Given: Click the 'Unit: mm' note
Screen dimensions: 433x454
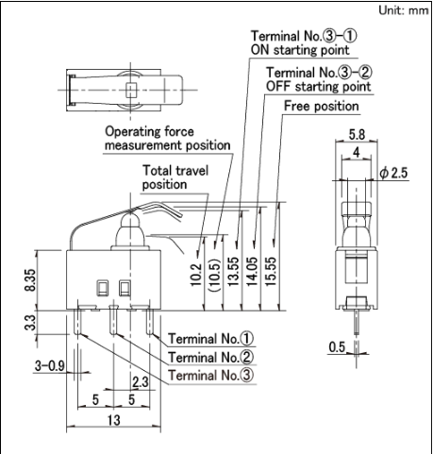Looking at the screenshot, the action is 404,10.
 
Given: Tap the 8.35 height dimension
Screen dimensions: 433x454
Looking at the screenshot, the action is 31,280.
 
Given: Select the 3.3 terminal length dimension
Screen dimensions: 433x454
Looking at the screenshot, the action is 30,323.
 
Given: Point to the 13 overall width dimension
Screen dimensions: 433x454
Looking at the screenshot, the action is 114,420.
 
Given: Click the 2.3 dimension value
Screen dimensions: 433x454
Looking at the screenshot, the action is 141,382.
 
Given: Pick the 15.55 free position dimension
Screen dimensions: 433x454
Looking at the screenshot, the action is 271,271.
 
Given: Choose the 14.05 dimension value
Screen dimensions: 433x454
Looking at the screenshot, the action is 253,271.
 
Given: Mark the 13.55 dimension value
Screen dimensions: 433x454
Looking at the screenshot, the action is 234,271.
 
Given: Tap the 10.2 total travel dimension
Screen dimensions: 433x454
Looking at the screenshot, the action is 196,275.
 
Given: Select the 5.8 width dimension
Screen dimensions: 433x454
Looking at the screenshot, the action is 357,135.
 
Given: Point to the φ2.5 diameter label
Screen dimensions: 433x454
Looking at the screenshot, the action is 393,173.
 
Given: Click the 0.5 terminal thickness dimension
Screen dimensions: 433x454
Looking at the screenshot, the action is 337,347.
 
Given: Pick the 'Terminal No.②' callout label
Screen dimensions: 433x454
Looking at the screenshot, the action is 210,357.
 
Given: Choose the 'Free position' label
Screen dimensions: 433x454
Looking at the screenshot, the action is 322,106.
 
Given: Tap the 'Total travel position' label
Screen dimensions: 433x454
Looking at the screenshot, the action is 175,177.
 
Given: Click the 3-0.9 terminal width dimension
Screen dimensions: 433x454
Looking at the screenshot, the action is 50,366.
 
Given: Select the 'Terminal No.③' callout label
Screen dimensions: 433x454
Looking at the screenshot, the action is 210,376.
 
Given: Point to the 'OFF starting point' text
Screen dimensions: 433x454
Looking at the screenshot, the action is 319,86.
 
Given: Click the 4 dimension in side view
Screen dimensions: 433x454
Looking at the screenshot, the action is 357,153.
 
